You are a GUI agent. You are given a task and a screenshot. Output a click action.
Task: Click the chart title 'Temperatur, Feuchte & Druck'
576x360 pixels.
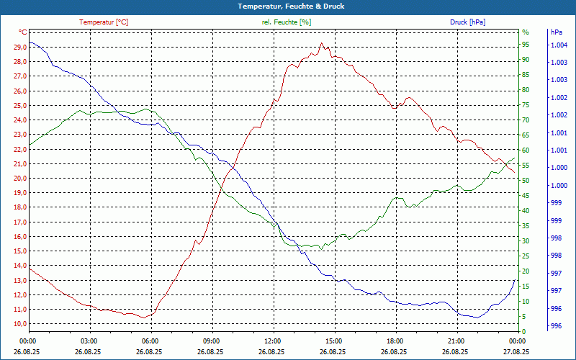[288, 6]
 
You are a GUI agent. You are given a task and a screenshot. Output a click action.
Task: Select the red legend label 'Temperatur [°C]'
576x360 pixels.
[104, 22]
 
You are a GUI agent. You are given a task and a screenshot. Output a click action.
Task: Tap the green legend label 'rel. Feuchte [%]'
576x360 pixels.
[287, 22]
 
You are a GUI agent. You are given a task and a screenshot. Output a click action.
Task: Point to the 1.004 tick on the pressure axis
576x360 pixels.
[559, 45]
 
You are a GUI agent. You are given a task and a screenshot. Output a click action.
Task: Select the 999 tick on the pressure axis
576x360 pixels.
[556, 203]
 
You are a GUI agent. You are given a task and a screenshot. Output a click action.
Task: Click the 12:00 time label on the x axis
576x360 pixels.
[272, 341]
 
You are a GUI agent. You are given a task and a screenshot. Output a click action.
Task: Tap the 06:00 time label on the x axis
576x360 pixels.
[150, 341]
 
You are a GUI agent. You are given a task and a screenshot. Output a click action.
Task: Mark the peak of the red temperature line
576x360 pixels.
[321, 43]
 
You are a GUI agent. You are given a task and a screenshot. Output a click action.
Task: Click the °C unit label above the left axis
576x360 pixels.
[23, 32]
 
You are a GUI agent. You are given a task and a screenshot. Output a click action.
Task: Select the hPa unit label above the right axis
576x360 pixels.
[556, 32]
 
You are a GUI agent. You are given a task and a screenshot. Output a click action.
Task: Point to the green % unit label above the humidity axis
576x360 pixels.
[526, 32]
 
